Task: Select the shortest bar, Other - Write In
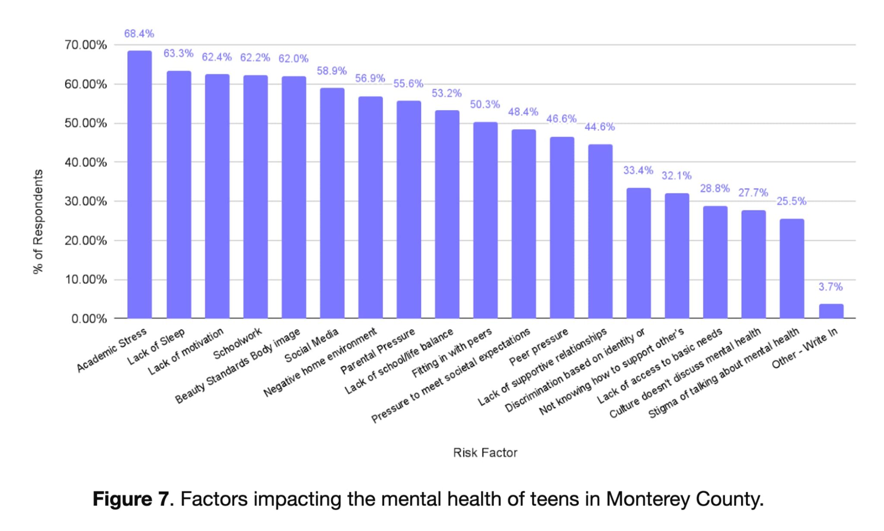pos(831,311)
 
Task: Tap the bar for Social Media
pos(332,203)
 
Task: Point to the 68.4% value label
pos(139,34)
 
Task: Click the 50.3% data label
pos(485,104)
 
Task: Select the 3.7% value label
pos(830,287)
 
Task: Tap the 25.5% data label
pos(791,201)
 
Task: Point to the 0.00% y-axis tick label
pos(89,319)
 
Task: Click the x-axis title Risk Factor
pos(485,452)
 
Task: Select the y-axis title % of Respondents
pos(38,221)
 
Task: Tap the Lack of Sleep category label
pos(156,346)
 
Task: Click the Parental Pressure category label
pos(378,351)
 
